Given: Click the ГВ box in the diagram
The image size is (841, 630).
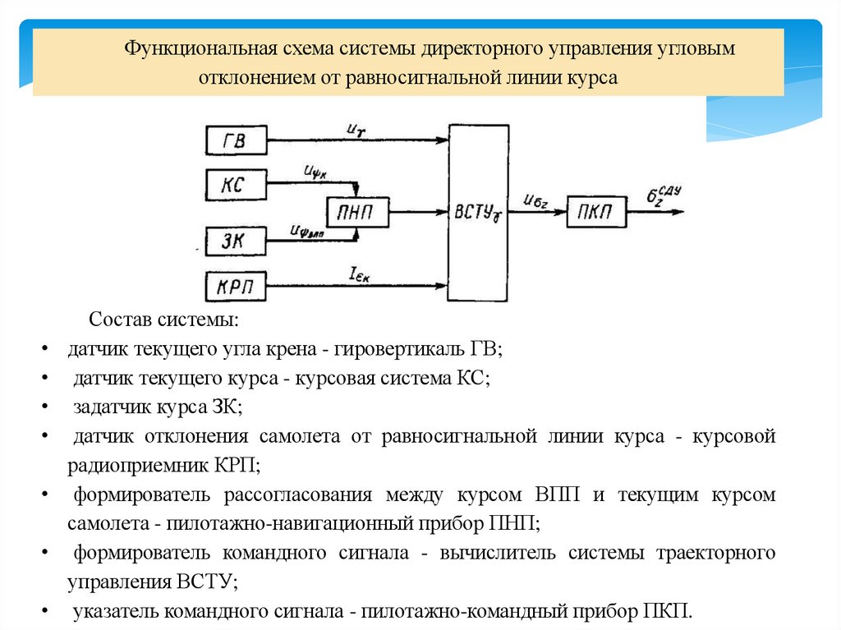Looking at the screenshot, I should tap(236, 140).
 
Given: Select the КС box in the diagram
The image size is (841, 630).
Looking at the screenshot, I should tap(236, 182).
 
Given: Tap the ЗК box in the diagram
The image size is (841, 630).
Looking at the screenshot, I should tap(236, 241).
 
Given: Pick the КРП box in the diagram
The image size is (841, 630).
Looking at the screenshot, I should tap(236, 287).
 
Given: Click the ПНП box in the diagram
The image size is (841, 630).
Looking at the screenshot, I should tap(357, 212).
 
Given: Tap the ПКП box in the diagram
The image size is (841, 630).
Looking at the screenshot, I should tap(597, 212).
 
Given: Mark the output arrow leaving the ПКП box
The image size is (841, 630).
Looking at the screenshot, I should tap(653, 212).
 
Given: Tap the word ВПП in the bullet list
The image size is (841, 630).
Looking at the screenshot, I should tap(558, 495).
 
